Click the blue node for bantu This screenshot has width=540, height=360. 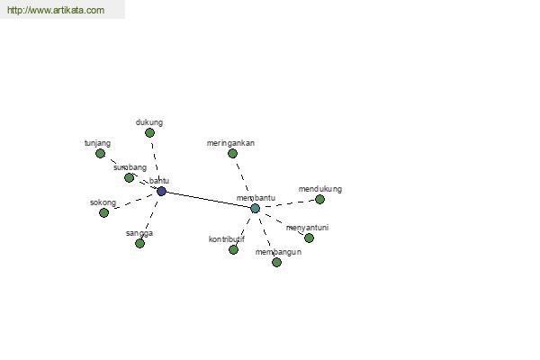click(161, 191)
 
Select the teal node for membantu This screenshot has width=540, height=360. click(255, 208)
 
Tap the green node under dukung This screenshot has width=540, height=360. click(149, 132)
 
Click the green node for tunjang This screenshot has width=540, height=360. click(100, 153)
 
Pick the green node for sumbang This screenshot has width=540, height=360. click(129, 177)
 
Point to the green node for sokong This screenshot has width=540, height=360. click(103, 212)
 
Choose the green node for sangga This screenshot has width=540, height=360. click(139, 243)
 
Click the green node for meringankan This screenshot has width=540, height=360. click(232, 153)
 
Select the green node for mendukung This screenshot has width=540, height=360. click(319, 199)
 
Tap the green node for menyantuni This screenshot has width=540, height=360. click(309, 238)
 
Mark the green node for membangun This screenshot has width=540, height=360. click(276, 262)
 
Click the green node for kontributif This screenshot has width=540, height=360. click(233, 249)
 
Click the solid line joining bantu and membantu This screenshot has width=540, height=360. click(208, 199)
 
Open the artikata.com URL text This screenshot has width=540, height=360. click(56, 11)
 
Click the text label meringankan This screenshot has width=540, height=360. click(231, 142)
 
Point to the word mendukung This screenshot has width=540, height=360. click(320, 189)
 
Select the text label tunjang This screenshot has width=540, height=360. click(97, 142)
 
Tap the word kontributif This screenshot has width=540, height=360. click(227, 239)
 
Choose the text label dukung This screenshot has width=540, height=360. click(149, 121)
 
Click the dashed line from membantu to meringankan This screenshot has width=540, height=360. click(243, 180)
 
